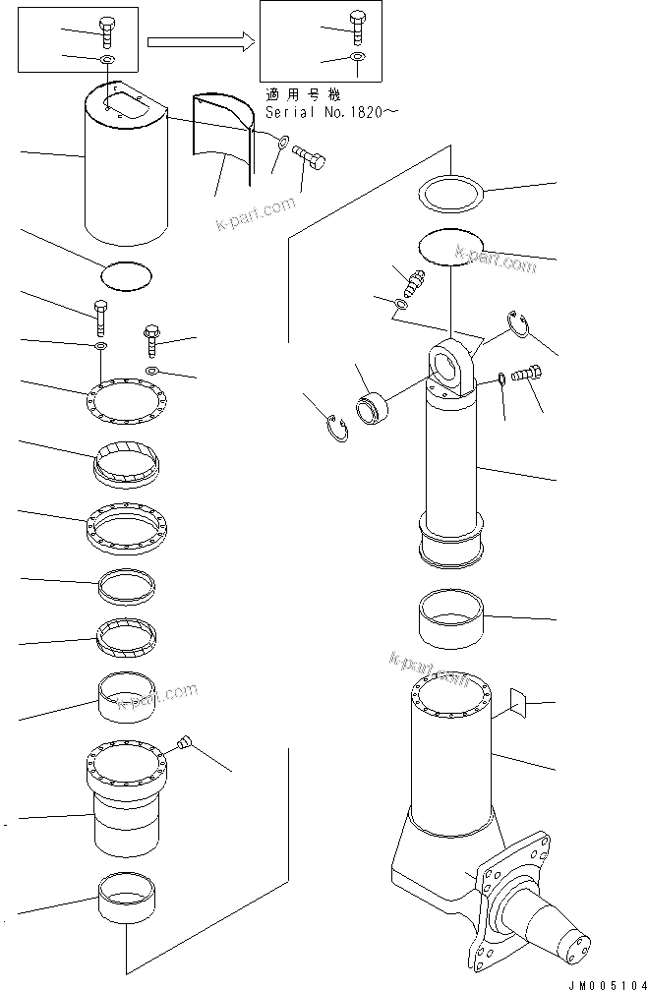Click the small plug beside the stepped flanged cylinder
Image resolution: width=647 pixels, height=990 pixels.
[184, 742]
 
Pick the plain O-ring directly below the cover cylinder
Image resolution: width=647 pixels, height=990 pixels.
[126, 275]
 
